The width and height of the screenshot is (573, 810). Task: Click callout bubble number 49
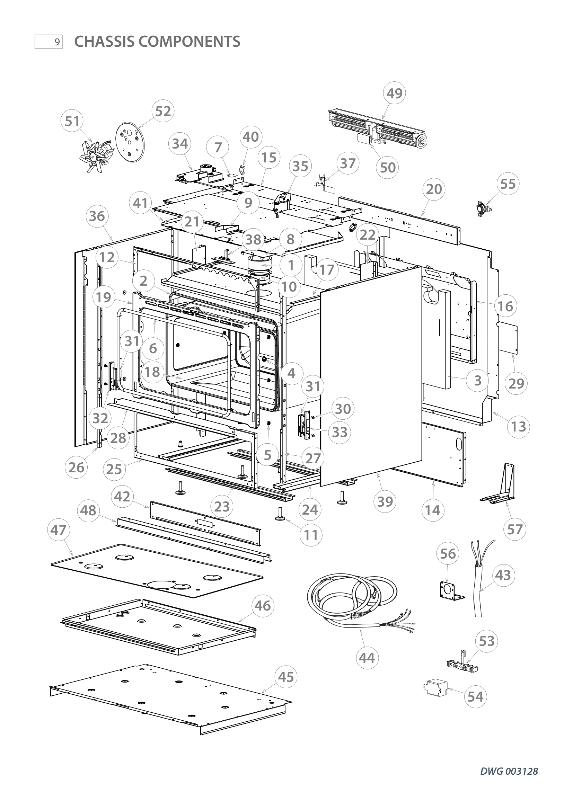click(x=394, y=94)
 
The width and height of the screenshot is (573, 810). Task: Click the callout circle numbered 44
click(x=367, y=658)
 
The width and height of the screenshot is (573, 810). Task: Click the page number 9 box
click(x=49, y=42)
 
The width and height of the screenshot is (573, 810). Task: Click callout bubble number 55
click(x=508, y=184)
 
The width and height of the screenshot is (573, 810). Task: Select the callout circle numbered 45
click(x=286, y=677)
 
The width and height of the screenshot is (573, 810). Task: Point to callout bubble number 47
click(x=59, y=530)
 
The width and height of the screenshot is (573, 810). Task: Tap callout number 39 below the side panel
click(x=385, y=501)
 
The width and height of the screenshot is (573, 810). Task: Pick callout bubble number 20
click(x=434, y=189)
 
